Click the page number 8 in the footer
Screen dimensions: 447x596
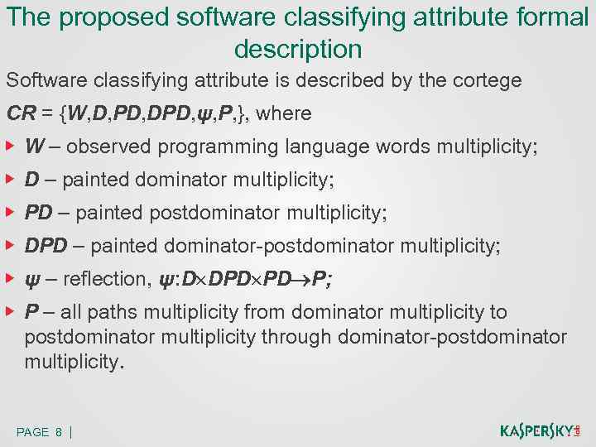pyautogui.click(x=59, y=432)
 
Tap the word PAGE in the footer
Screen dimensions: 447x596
pyautogui.click(x=32, y=432)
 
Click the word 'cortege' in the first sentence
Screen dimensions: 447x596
pyautogui.click(x=484, y=81)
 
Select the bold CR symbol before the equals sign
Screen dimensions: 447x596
pyautogui.click(x=21, y=113)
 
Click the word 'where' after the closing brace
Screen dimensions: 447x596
pyautogui.click(x=283, y=113)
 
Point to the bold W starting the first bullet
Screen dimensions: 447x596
pyautogui.click(x=35, y=147)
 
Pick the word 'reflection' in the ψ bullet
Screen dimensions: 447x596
pyautogui.click(x=107, y=279)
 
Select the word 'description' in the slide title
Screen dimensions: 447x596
pyautogui.click(x=298, y=49)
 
